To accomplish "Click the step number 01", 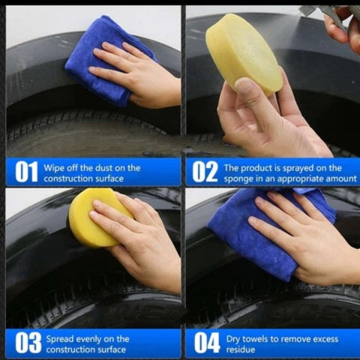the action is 26,172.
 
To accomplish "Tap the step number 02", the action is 205,172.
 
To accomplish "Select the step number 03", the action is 28,343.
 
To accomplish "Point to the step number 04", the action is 207,343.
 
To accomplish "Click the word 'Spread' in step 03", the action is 60,340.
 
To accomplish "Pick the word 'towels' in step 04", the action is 257,339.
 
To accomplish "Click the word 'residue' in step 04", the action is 241,349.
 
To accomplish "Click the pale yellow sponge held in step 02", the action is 244,54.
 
